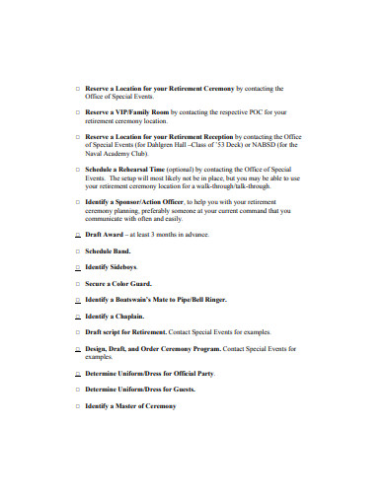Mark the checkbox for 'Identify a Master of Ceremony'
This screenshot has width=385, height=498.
click(x=77, y=405)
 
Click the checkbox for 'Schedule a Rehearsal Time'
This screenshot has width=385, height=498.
click(x=77, y=170)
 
